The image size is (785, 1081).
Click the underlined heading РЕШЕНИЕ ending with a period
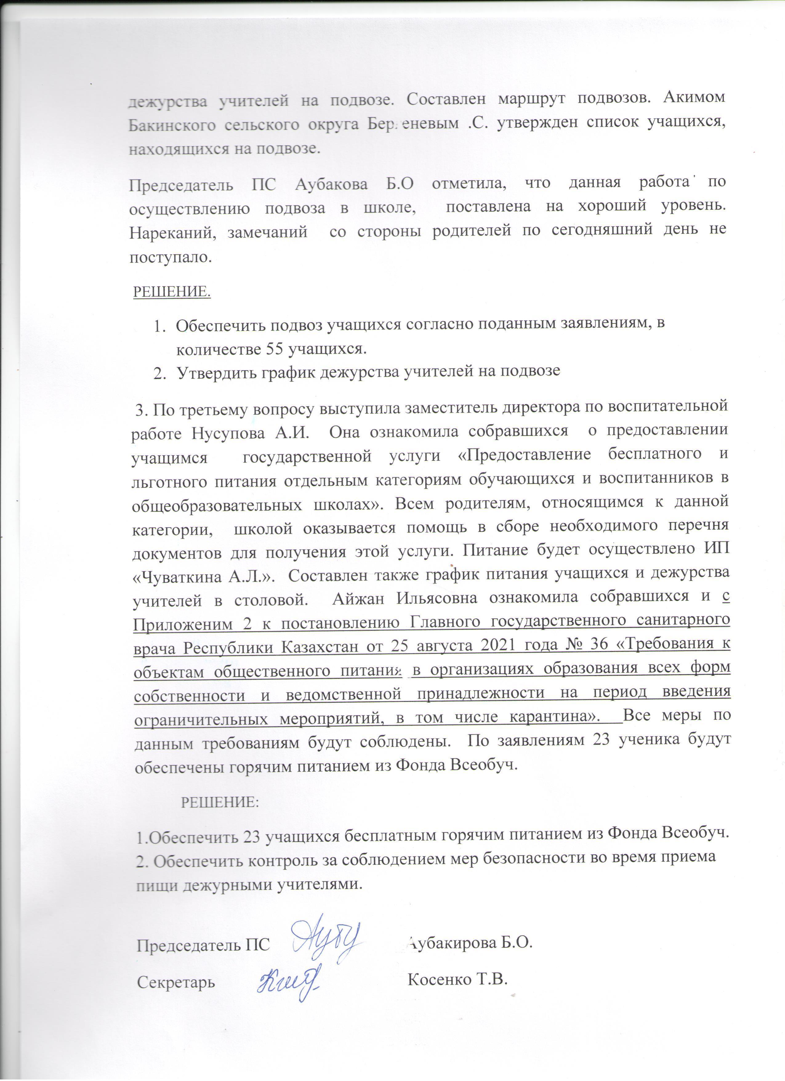click(171, 291)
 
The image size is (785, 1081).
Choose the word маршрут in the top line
click(530, 97)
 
